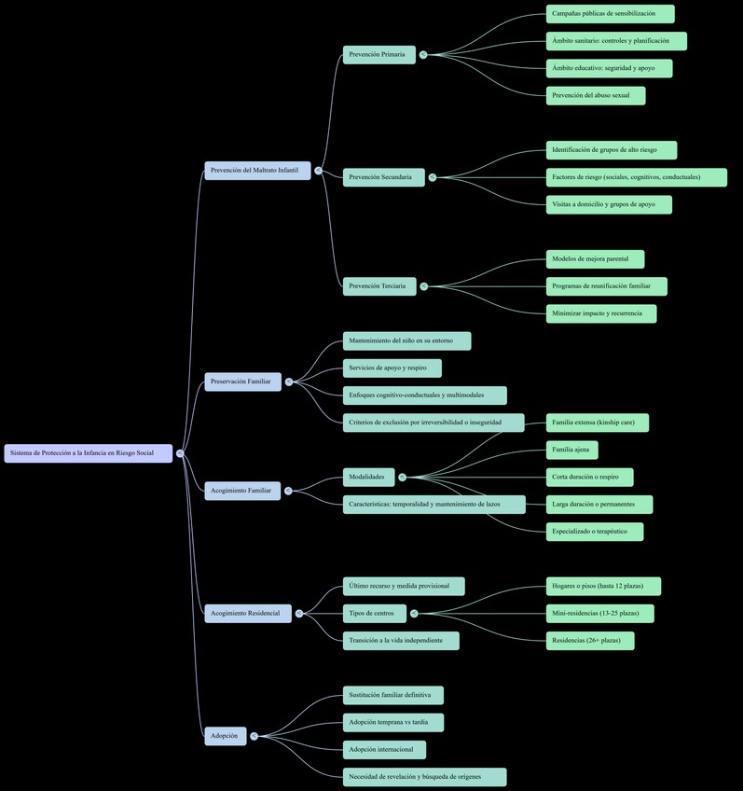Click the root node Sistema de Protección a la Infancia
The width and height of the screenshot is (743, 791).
[x=89, y=453]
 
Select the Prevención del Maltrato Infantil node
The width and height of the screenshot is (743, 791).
[x=257, y=171]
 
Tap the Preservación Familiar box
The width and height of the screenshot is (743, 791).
[x=242, y=382]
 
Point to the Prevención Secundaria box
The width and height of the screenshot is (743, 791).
[x=383, y=177]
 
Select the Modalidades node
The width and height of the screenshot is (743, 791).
[x=368, y=477]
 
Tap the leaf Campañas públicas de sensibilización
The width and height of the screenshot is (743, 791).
[x=610, y=14]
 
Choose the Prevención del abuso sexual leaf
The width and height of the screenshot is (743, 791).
[x=595, y=95]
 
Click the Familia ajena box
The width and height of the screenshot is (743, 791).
[x=571, y=450]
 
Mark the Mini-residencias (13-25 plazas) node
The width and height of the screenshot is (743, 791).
[x=599, y=613]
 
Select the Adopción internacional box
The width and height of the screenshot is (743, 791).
[x=384, y=750]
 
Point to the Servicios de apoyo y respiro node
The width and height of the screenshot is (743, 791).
[x=392, y=368]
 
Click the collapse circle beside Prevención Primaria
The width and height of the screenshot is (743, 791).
[x=423, y=55]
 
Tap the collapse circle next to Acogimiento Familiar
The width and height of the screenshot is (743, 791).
[x=288, y=491]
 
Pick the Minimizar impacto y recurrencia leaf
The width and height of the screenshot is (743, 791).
[x=600, y=313]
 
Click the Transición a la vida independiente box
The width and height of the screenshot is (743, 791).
[x=401, y=641]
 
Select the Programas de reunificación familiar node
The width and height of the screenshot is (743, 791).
[x=606, y=286]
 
